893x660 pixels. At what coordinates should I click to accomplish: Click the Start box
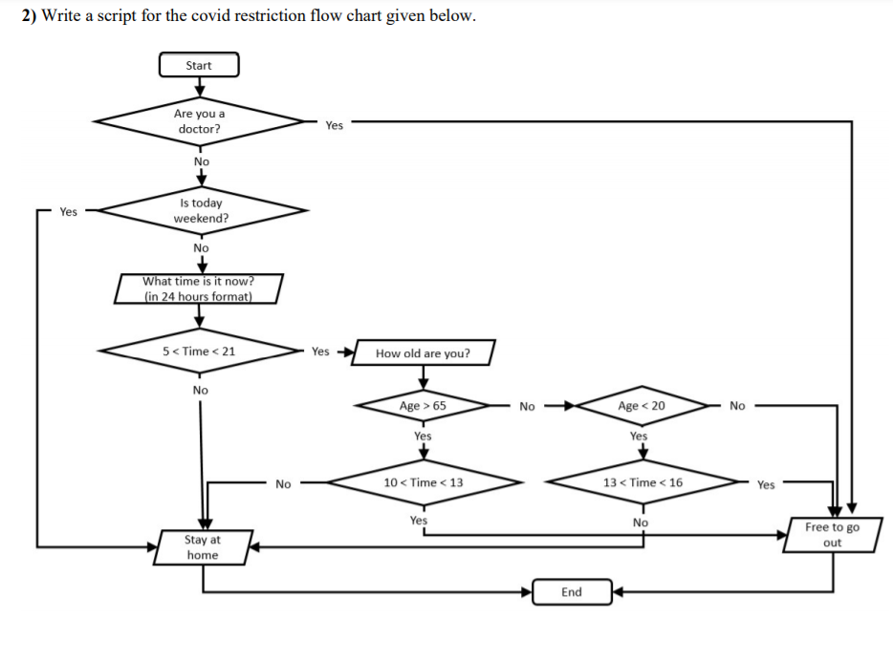pos(199,65)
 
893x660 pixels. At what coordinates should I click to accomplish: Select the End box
pos(571,592)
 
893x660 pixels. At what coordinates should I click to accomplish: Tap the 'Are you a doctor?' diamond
pos(199,121)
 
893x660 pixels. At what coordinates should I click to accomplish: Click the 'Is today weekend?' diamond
pos(201,210)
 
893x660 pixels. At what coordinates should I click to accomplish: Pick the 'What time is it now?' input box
pos(199,288)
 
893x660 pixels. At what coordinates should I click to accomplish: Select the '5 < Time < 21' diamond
pos(199,351)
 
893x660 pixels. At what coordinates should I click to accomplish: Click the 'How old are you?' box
pos(423,353)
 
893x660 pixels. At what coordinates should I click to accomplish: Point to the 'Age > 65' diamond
pos(423,406)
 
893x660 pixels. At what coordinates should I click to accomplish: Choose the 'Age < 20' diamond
pos(642,406)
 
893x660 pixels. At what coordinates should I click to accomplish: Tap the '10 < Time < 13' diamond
pos(423,482)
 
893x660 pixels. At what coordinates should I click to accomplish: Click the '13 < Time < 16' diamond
pos(642,482)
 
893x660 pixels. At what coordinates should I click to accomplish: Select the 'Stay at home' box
pos(202,547)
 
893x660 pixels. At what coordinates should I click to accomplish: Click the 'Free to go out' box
pos(832,535)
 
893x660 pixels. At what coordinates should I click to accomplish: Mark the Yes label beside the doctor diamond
pos(334,125)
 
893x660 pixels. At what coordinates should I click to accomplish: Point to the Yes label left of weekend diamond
pos(68,211)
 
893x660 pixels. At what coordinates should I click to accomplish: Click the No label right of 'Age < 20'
pos(737,406)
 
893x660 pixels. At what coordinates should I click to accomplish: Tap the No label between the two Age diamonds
pos(527,406)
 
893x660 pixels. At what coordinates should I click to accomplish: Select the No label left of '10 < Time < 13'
pos(283,484)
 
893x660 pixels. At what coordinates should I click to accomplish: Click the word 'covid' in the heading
pos(173,16)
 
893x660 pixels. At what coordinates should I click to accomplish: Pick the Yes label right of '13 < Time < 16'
pos(766,484)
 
